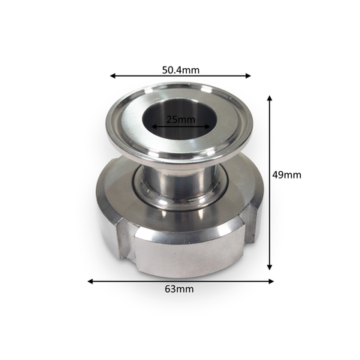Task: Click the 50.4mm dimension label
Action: [181, 70]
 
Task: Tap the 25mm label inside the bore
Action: [181, 119]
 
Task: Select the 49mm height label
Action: [286, 175]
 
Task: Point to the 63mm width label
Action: [179, 289]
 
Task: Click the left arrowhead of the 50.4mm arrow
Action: [112, 76]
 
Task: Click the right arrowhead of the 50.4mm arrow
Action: [247, 76]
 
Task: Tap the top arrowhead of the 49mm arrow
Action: [269, 98]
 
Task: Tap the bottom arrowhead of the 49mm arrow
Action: [269, 267]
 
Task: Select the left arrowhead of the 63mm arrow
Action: [91, 281]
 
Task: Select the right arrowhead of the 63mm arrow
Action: [271, 281]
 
